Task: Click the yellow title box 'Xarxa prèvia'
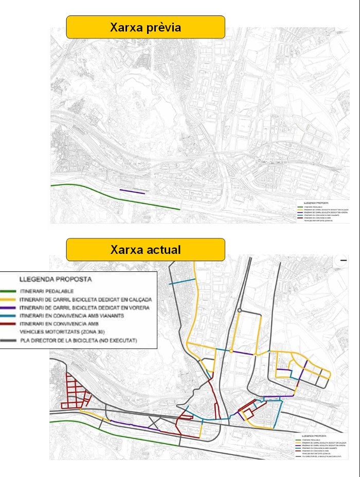(146, 27)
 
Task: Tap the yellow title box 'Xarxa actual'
(146, 249)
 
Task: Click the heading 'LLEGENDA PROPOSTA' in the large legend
(55, 280)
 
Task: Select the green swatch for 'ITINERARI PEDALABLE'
(9, 290)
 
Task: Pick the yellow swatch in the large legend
(9, 299)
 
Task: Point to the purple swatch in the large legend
(9, 307)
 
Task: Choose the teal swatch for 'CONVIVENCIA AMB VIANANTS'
(9, 316)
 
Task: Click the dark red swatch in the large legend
(9, 324)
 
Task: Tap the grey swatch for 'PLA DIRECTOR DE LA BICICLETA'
(9, 341)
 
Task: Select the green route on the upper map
(113, 195)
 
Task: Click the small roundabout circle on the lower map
(240, 310)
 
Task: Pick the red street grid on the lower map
(74, 391)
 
